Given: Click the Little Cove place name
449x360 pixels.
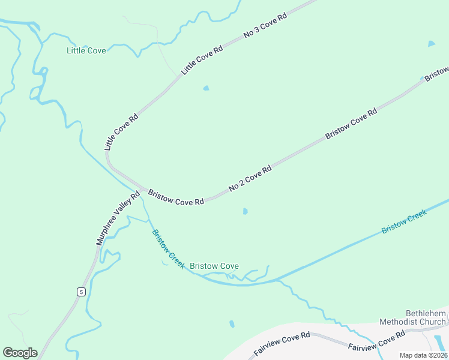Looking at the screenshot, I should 86,50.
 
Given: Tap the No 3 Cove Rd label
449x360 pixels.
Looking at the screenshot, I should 265,25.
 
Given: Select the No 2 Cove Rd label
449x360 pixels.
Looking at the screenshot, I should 250,178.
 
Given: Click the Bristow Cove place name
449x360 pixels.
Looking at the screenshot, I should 214,266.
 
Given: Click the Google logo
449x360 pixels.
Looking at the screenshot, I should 20,353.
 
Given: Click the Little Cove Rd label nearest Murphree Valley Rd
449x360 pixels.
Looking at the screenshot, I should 121,131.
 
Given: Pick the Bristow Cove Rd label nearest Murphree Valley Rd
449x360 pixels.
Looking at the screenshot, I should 176,197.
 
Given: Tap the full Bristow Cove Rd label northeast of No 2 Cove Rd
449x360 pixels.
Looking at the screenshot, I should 351,124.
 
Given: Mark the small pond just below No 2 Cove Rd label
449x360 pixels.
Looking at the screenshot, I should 244,211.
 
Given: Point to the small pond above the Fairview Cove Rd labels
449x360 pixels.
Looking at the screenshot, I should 232,324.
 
